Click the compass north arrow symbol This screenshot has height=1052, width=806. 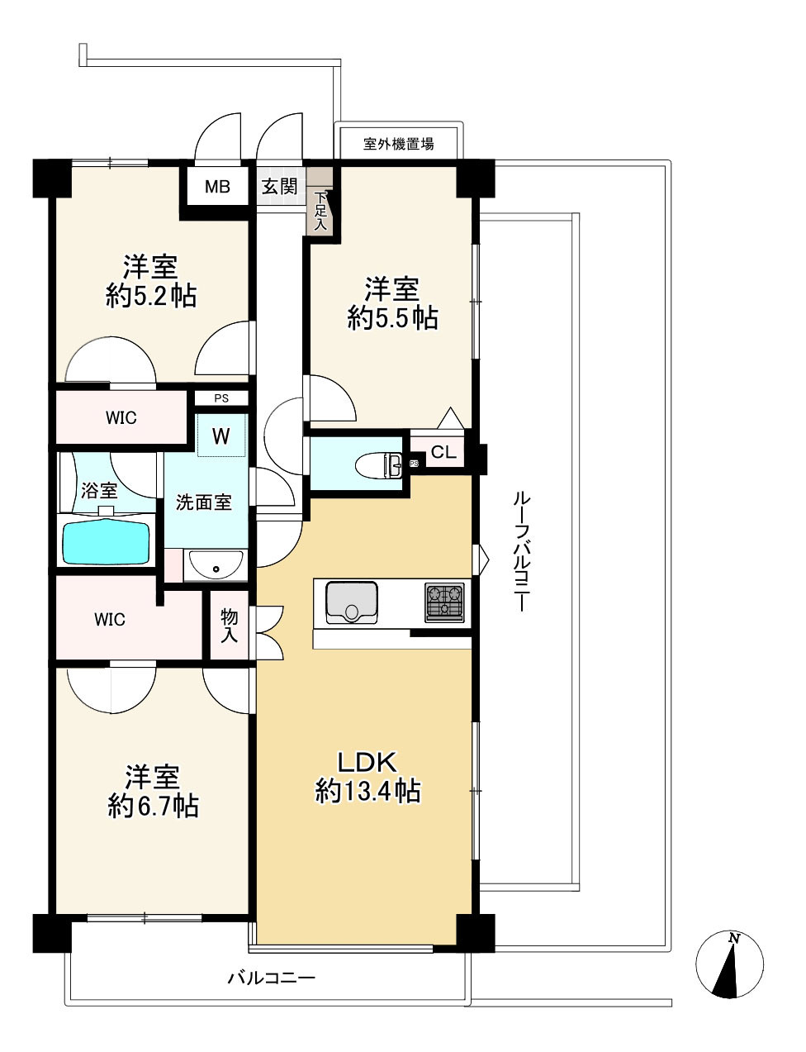[729, 964]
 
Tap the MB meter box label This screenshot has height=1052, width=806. [217, 187]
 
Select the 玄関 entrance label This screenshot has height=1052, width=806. [280, 186]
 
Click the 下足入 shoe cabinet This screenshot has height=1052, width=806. [320, 212]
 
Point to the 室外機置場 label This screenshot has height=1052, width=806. [399, 144]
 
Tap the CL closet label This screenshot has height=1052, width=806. [443, 453]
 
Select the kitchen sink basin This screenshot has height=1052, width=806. [352, 601]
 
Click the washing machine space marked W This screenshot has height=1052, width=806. [220, 436]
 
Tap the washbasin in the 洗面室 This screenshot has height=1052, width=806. [216, 566]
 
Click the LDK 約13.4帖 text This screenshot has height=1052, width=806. [367, 777]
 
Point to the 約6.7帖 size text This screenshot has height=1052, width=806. [153, 806]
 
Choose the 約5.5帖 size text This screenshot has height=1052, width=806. [392, 317]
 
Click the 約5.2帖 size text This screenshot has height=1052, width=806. [151, 295]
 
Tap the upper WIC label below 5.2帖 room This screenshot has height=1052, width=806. [121, 418]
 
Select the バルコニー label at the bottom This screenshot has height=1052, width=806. [271, 978]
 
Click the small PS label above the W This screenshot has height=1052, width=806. [220, 398]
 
